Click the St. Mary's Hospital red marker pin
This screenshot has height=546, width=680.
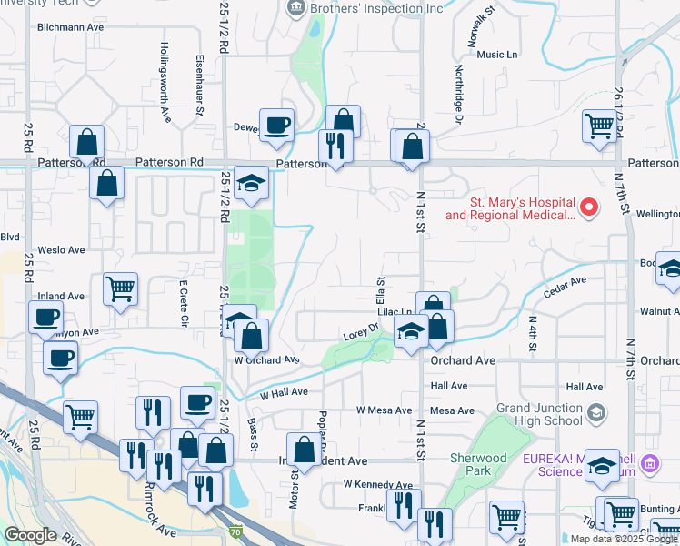589,207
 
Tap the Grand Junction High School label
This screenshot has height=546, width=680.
540,415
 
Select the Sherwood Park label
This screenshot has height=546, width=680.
478,464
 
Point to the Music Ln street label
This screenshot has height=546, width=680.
496,55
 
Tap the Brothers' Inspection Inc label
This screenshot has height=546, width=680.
376,9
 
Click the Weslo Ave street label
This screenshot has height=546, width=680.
61,249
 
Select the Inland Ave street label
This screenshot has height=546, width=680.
61,297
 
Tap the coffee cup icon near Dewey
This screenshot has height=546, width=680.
276,126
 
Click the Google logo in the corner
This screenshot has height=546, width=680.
30,535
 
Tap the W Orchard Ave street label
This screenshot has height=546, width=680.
267,360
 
